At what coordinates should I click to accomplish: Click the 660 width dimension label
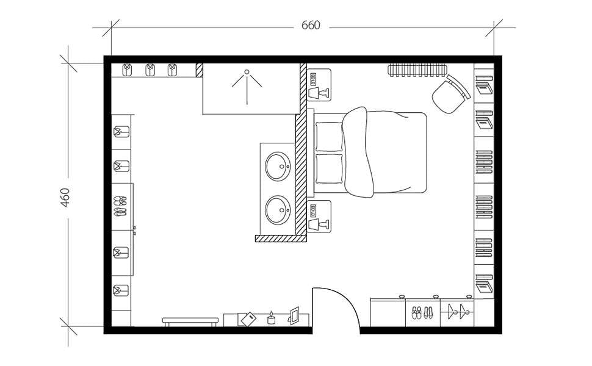click(x=311, y=26)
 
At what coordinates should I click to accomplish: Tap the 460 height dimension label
click(x=65, y=197)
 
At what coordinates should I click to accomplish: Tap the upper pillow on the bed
click(x=329, y=137)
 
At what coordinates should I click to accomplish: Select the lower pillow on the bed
click(x=329, y=168)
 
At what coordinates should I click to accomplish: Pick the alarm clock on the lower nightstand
click(x=313, y=211)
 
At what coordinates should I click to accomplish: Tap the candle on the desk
click(x=272, y=318)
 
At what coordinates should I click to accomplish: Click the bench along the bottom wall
click(x=190, y=320)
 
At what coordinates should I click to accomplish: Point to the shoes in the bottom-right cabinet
click(x=422, y=313)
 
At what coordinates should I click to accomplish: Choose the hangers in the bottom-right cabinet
click(x=458, y=312)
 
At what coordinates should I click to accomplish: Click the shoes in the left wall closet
click(x=120, y=206)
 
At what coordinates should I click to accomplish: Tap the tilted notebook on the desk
click(x=248, y=319)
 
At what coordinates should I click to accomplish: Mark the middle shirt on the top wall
click(x=150, y=70)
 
